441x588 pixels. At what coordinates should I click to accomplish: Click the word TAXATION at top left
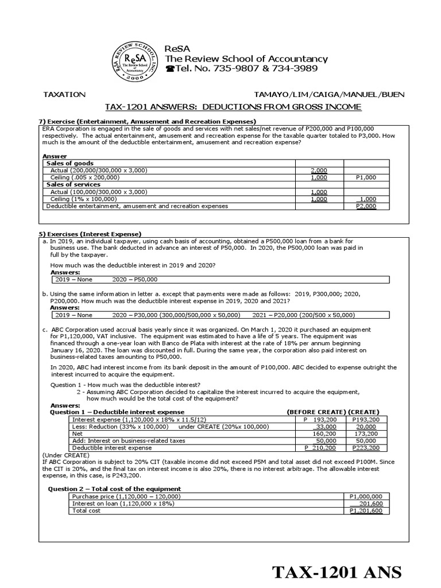click(x=64, y=94)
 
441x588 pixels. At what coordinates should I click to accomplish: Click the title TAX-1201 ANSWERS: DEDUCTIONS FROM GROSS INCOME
click(x=233, y=107)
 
